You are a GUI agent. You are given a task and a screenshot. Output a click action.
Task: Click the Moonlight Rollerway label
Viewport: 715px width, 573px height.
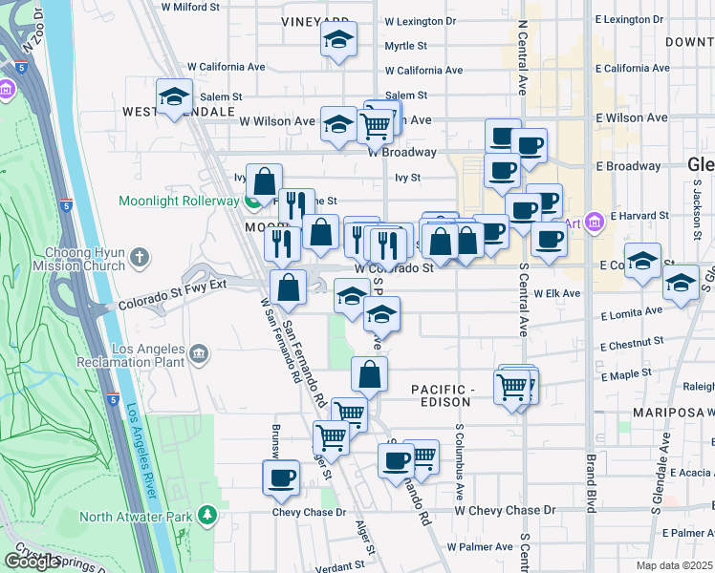[179, 201]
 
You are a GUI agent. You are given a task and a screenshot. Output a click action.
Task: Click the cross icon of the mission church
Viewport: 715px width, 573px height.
[141, 257]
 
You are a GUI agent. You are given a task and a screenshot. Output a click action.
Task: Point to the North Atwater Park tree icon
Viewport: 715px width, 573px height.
[207, 517]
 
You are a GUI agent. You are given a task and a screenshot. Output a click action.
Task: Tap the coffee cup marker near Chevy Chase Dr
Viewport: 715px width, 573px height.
[281, 477]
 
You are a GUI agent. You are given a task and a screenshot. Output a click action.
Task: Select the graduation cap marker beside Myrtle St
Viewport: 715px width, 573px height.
[338, 40]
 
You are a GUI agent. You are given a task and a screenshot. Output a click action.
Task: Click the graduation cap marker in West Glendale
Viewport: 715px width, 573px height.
[175, 96]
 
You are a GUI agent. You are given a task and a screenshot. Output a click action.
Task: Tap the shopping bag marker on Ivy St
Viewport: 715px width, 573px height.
[265, 180]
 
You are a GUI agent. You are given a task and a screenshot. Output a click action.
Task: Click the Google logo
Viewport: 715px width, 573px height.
[33, 561]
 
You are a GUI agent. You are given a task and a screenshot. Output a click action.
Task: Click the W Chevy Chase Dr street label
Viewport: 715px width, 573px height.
[505, 511]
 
